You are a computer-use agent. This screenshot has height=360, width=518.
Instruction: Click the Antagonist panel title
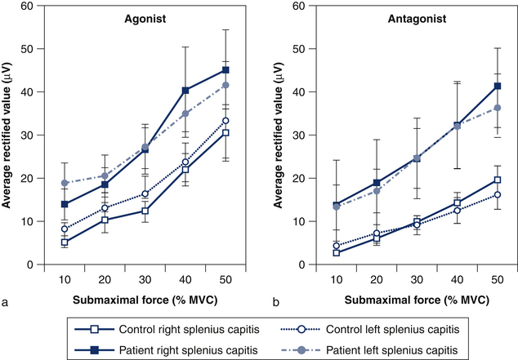386,17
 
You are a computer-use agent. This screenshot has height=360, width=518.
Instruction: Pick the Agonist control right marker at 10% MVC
64,242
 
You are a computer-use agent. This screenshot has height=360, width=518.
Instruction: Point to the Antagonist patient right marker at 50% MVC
497,86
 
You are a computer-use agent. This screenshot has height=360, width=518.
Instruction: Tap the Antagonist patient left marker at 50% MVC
497,108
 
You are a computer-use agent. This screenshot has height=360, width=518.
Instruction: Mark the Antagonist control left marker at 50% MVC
497,194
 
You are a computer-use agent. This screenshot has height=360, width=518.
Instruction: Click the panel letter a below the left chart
7,302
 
